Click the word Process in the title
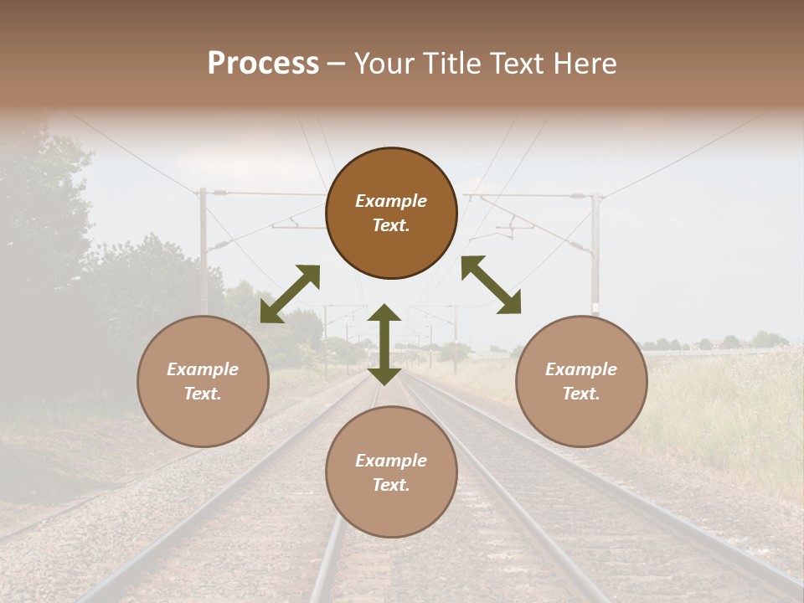[x=263, y=63]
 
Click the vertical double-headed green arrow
[x=384, y=344]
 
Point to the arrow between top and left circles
[x=290, y=294]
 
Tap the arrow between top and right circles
[x=491, y=285]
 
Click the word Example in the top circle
[x=391, y=201]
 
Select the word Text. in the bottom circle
[x=391, y=485]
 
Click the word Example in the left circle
[x=203, y=369]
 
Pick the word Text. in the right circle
[x=581, y=394]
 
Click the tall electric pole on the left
[x=203, y=251]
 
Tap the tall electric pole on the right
[x=595, y=251]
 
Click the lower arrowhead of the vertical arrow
[x=384, y=375]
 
